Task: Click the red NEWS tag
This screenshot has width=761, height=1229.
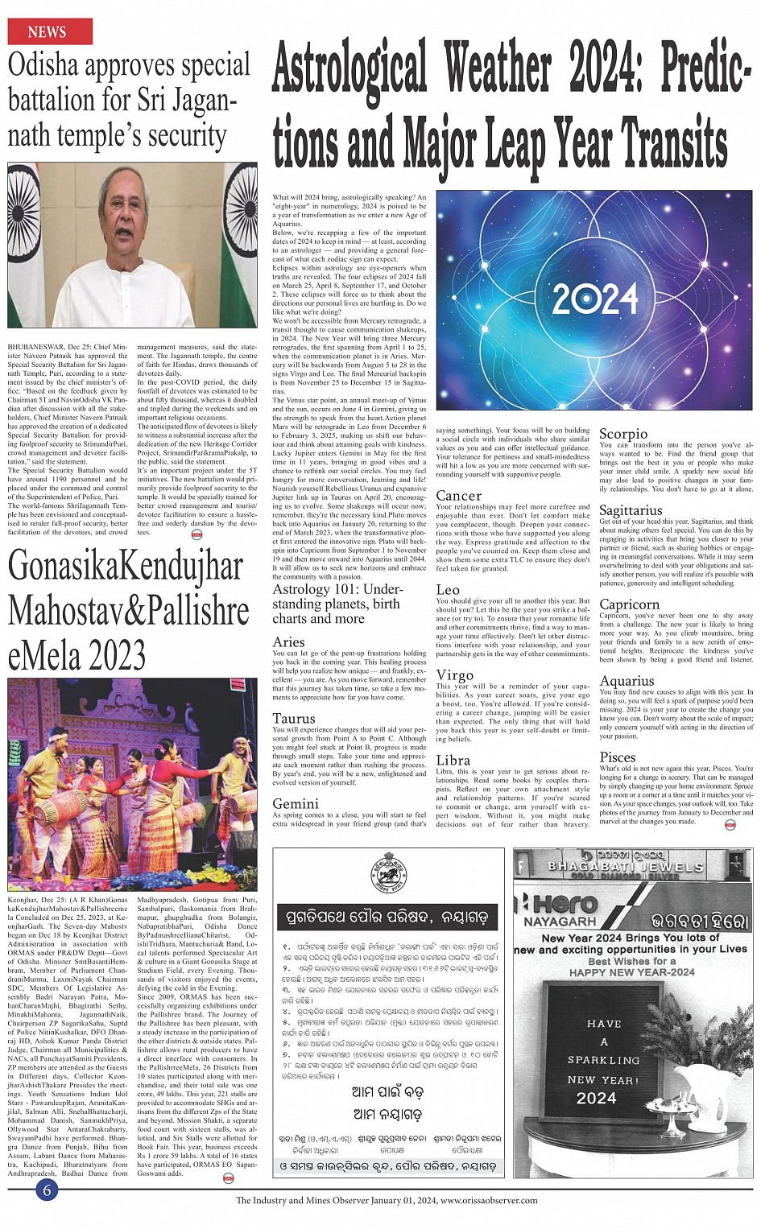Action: [x=49, y=32]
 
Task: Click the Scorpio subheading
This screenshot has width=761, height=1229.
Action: [x=623, y=434]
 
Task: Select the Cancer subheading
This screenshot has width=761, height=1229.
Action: [x=458, y=496]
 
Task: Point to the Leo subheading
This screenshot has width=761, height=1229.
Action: [x=448, y=590]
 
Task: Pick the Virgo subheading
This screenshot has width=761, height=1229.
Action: [x=454, y=675]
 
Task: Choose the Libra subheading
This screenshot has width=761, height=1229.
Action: [x=453, y=760]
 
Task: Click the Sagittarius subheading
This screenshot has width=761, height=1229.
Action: [x=631, y=510]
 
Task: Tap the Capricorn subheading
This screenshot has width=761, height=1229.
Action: [x=629, y=604]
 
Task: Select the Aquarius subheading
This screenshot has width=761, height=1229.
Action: [x=627, y=681]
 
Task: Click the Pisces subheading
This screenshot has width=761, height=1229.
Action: [x=618, y=757]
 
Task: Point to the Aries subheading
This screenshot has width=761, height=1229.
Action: [x=288, y=642]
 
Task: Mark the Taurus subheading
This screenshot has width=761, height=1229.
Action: [x=293, y=719]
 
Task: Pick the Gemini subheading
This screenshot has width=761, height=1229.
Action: [x=296, y=804]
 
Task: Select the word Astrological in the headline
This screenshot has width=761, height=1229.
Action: [x=349, y=69]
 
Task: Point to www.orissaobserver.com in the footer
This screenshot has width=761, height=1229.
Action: [x=489, y=1200]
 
